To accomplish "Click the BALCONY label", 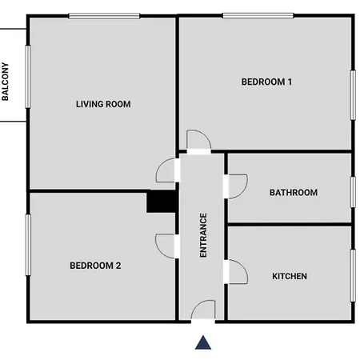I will click(6, 82).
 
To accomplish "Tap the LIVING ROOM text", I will click(103, 104).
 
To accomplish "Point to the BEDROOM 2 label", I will click(95, 266).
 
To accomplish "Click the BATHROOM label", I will click(293, 193).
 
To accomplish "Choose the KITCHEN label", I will click(290, 277).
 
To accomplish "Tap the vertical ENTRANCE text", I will click(203, 234).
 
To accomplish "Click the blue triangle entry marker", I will click(204, 342).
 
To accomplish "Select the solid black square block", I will click(162, 201).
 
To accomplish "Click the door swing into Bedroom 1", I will click(198, 141).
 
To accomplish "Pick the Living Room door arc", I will click(166, 170).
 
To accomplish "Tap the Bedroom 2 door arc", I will click(166, 244).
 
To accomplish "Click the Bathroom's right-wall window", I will click(352, 192).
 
